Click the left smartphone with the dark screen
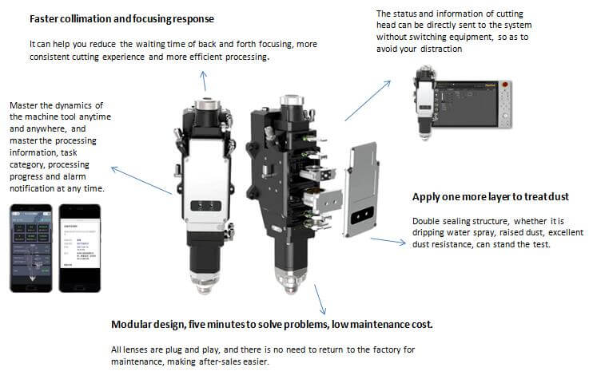(30, 247)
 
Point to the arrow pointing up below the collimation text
(204, 81)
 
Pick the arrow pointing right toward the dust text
(388, 240)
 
